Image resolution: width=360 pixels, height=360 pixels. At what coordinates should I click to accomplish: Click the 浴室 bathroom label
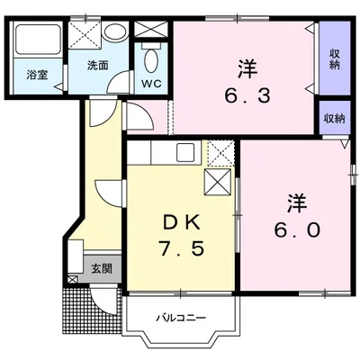point(37,75)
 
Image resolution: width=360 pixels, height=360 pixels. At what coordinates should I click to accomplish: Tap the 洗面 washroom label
point(97,66)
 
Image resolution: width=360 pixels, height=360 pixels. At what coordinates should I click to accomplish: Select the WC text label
point(151,84)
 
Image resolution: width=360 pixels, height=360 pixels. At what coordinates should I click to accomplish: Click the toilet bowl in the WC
point(150,60)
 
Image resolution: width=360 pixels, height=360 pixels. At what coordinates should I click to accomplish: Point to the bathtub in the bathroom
point(38,40)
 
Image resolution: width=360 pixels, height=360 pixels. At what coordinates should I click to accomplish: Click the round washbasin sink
point(115,31)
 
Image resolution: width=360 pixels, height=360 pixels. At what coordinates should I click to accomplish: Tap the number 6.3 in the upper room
point(247,96)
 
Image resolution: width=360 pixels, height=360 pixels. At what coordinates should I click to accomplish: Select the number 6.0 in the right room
point(297,230)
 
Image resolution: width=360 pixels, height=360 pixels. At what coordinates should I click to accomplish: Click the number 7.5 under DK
point(182,248)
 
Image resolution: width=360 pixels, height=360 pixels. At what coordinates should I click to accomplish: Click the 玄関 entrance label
point(102,269)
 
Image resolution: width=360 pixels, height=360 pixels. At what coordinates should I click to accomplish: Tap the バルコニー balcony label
point(181,318)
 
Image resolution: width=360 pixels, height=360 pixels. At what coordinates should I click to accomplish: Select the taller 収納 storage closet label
point(335,59)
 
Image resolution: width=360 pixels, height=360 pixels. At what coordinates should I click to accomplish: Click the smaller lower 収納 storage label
point(334,119)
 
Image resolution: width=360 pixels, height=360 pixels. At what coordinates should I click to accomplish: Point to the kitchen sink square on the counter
point(185,152)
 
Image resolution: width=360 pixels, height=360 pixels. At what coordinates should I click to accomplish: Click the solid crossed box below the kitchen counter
point(218,182)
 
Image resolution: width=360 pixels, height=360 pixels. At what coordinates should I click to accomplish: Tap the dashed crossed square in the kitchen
point(220,153)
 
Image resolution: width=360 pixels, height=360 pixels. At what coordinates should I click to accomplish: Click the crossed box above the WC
point(150,29)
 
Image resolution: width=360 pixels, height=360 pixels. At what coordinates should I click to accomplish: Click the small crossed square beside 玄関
point(73,280)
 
